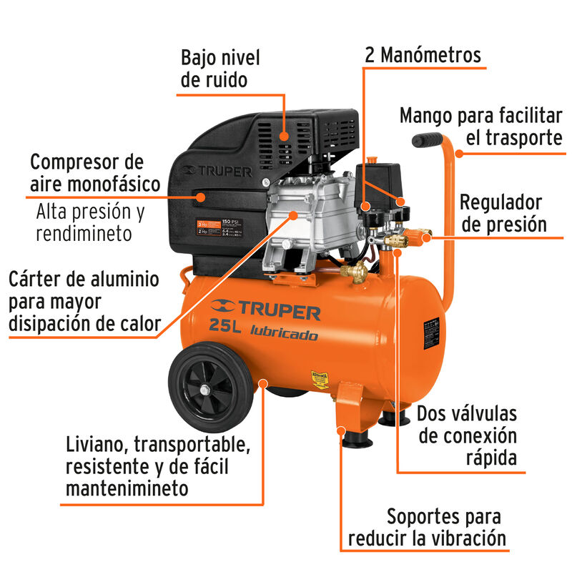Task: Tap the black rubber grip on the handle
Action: coord(428,140)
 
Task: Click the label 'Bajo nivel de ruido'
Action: coord(220,69)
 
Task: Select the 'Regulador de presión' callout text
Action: coord(503,214)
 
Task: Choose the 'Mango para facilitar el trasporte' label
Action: coord(480,126)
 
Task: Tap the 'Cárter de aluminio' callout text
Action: coord(84,301)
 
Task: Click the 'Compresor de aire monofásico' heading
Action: coord(94,172)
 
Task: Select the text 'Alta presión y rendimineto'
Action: coord(90,222)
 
